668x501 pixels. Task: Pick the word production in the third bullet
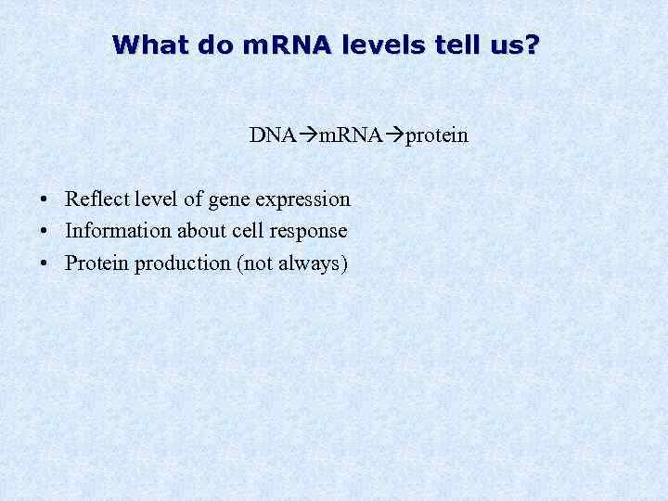[x=183, y=264]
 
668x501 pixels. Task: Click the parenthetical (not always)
[x=292, y=264]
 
